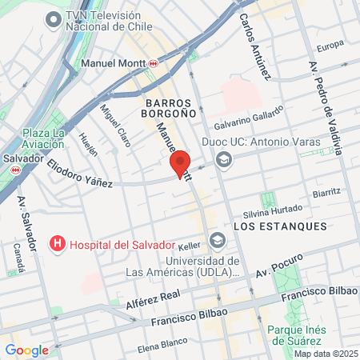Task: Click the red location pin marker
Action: (180, 164)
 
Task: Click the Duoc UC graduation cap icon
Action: (223, 159)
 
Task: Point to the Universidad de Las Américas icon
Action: (217, 241)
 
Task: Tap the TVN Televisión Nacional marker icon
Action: (54, 18)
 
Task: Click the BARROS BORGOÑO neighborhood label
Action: (169, 110)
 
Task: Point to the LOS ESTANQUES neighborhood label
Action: (280, 226)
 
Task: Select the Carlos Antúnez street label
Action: (255, 47)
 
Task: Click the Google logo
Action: (26, 350)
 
